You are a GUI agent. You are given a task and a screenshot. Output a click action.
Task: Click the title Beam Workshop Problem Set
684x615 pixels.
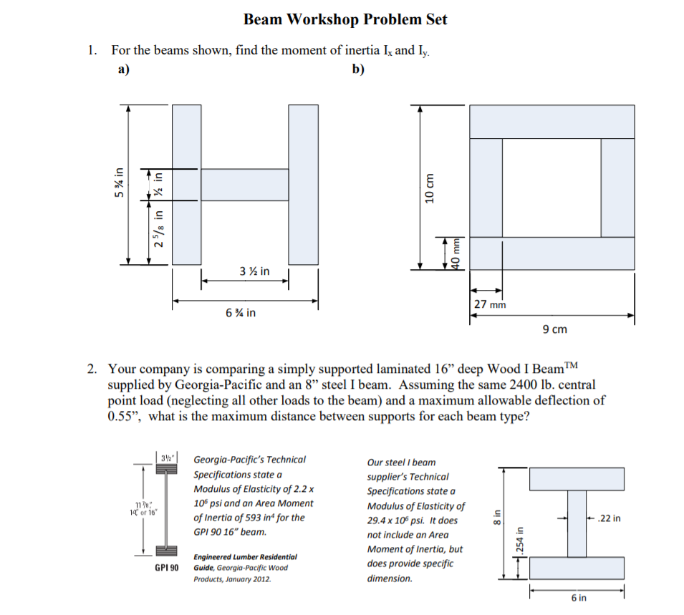pyautogui.click(x=345, y=19)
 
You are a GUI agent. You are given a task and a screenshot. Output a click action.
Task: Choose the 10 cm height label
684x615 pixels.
pyautogui.click(x=430, y=187)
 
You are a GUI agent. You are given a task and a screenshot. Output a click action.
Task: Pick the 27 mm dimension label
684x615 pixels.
pyautogui.click(x=489, y=304)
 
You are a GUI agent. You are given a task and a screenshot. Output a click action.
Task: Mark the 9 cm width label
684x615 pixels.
pyautogui.click(x=554, y=329)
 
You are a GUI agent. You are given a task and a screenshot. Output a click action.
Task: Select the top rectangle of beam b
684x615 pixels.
pyautogui.click(x=551, y=122)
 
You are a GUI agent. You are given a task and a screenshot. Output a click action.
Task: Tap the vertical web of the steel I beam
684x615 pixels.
pyautogui.click(x=577, y=523)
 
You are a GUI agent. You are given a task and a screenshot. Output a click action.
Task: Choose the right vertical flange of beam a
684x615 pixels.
pyautogui.click(x=303, y=184)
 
